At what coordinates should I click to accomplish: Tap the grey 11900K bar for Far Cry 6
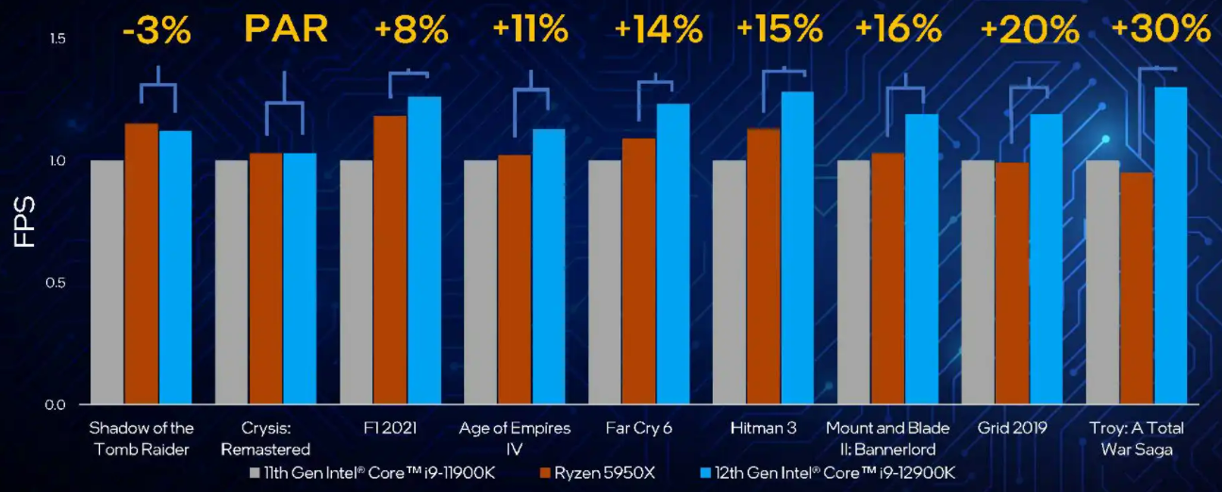pos(604,283)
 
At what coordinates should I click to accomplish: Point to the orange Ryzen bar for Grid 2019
pos(1013,284)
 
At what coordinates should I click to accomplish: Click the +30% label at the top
pos(1160,29)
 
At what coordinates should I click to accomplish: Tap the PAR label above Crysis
pos(286,29)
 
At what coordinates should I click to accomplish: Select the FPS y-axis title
pos(25,221)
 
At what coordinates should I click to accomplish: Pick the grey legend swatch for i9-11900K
pos(255,472)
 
